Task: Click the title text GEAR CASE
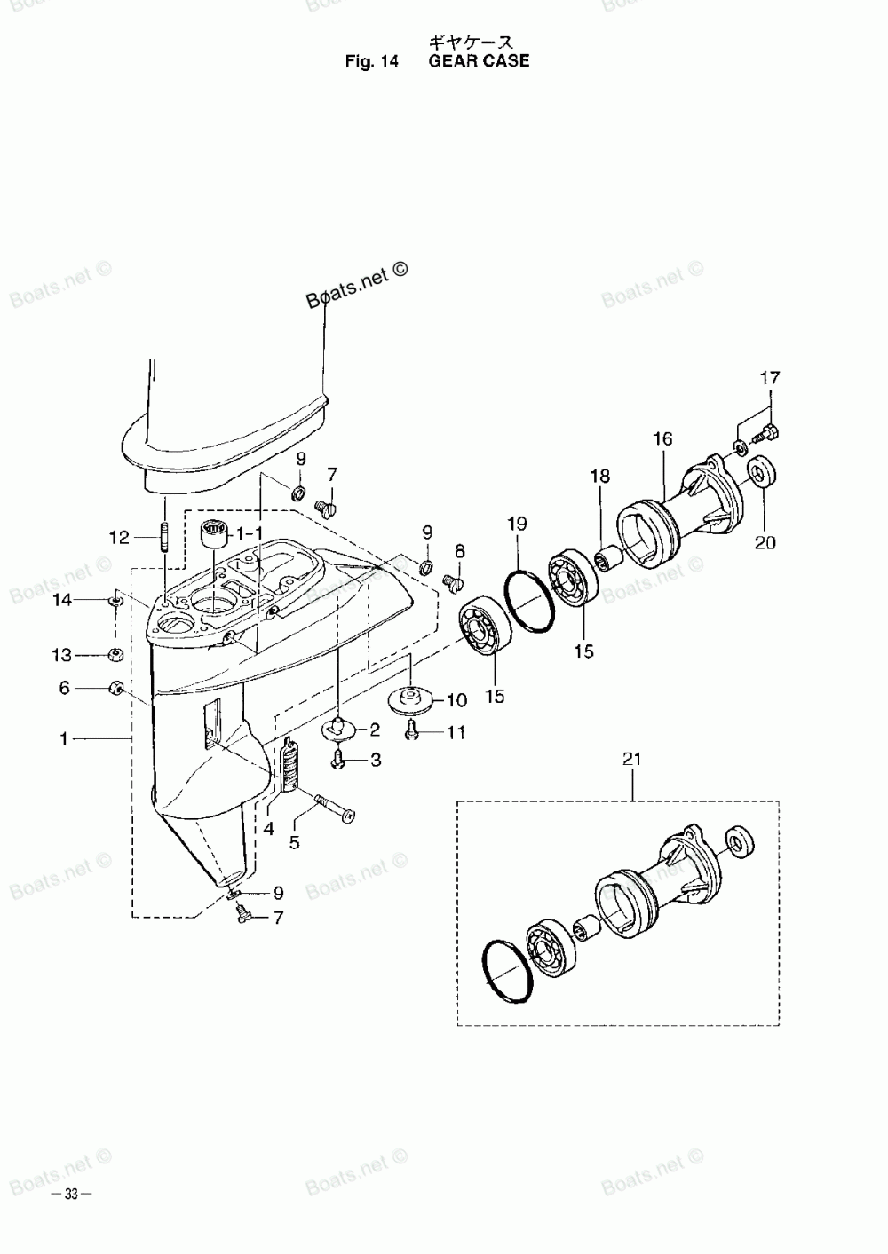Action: (479, 61)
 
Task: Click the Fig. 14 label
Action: (374, 62)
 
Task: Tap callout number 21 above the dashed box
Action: (632, 759)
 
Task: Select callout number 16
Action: (662, 438)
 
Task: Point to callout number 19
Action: (518, 524)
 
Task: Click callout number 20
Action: (765, 542)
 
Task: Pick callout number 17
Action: (769, 378)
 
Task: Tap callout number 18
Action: (600, 477)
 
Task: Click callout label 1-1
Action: (250, 533)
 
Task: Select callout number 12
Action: (119, 537)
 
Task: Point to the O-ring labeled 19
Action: (530, 602)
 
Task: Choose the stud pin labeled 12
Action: (164, 538)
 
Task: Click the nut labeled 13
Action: (115, 656)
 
